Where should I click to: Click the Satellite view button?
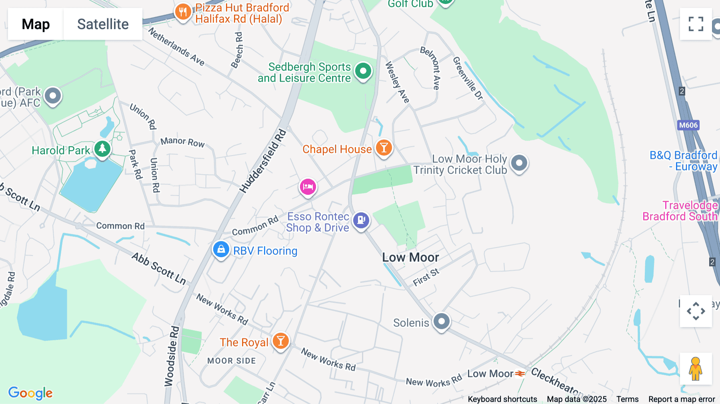point(103,24)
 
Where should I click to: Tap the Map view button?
point(36,24)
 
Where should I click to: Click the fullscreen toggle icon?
point(696,24)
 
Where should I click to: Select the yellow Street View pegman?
point(696,368)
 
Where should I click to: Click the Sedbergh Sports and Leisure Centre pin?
point(363,71)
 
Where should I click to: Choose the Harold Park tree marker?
point(102,149)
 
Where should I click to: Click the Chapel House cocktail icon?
point(384,148)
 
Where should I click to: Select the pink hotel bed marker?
point(308,187)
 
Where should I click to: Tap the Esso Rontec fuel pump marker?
point(361,220)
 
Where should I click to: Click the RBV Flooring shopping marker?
point(221,250)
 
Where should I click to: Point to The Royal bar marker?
point(281,341)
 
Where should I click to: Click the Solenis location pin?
point(442,321)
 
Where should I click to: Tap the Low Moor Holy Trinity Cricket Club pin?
point(519,163)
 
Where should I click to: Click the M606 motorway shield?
point(688,125)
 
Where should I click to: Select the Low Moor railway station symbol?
point(520,374)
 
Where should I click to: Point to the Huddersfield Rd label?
point(263,161)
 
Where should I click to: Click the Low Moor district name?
point(410,257)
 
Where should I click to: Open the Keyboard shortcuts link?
point(502,399)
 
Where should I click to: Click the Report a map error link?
point(682,399)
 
